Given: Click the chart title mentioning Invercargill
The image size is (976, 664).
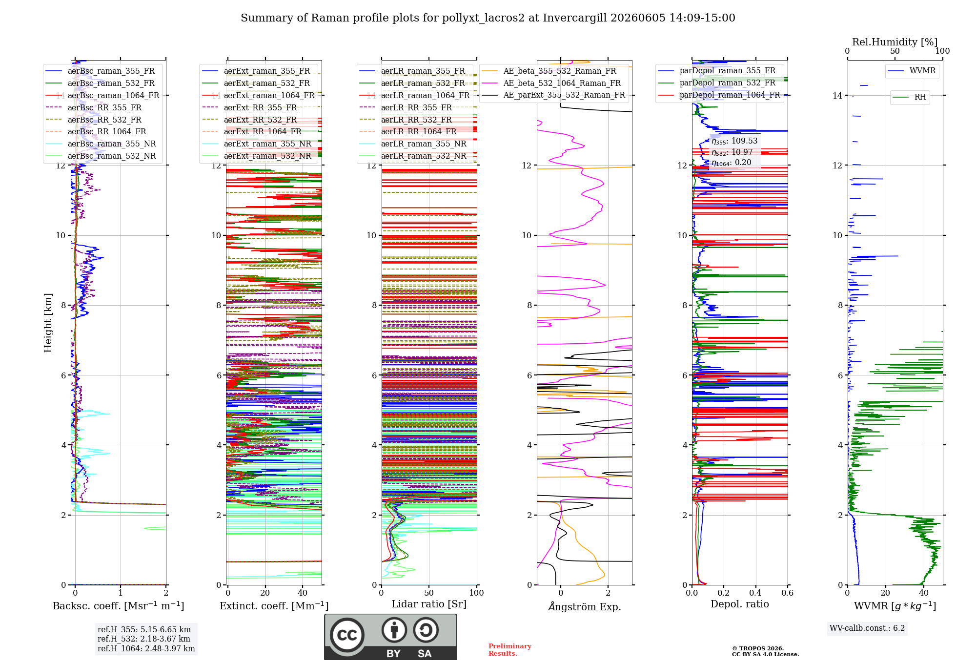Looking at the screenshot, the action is (x=488, y=18).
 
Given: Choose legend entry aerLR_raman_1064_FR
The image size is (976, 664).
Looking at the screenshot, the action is (x=414, y=95).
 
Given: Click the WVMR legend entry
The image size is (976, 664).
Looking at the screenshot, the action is (x=912, y=71).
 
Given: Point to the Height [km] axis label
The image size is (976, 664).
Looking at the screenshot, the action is (x=48, y=323).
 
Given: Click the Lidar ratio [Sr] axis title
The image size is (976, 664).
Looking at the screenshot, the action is (x=429, y=604).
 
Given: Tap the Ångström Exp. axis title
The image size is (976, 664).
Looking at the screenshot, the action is (x=585, y=606).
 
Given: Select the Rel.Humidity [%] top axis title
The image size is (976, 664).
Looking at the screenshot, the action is (x=895, y=42).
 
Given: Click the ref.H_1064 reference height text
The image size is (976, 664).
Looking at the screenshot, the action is (x=146, y=648).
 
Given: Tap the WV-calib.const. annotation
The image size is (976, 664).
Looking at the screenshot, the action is (x=867, y=628).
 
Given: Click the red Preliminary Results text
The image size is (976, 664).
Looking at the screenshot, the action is (x=510, y=650).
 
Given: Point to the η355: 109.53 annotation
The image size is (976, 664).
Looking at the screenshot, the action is (x=734, y=141).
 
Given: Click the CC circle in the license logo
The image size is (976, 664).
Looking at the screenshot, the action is (x=347, y=635).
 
